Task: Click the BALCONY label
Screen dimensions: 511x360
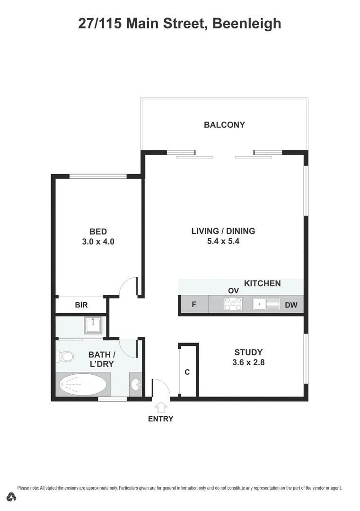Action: click(224, 125)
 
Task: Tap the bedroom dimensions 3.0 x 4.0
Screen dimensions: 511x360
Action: click(98, 241)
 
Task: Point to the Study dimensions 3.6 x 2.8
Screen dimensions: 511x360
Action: click(248, 362)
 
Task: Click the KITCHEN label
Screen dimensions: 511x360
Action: click(262, 283)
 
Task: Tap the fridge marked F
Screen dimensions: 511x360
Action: click(193, 305)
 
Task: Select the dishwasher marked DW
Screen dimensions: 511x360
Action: click(291, 305)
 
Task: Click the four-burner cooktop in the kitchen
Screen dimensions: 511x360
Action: click(233, 304)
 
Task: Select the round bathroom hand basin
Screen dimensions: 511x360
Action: click(136, 384)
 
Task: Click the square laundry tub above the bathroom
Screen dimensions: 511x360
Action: click(93, 325)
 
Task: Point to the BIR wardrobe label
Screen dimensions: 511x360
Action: click(81, 305)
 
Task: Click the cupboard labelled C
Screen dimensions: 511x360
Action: click(187, 372)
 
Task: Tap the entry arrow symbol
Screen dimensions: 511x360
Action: click(161, 407)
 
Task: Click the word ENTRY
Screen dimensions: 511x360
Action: click(161, 419)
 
